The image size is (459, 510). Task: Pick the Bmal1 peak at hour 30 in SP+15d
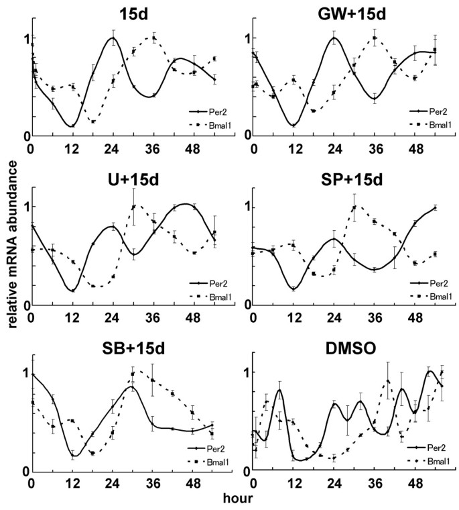[x=354, y=206]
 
